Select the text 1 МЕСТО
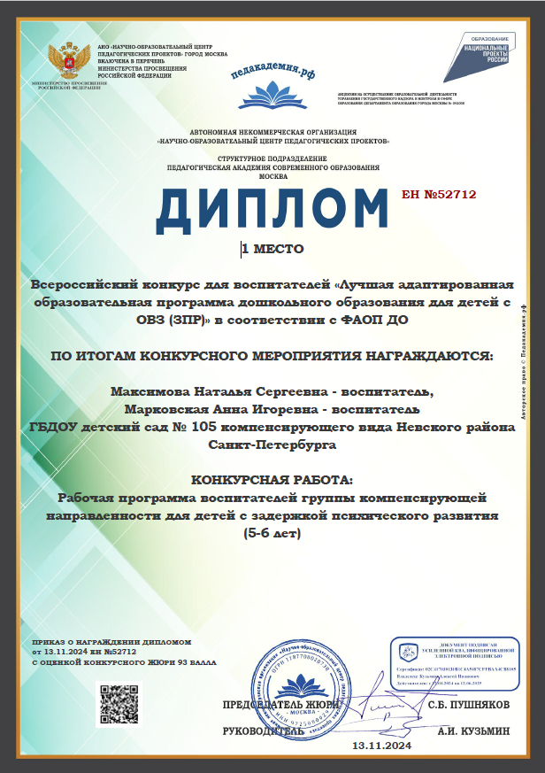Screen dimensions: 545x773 coord(274,249)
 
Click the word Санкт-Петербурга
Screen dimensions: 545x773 coord(272,444)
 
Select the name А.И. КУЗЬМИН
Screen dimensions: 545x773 coord(474,731)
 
